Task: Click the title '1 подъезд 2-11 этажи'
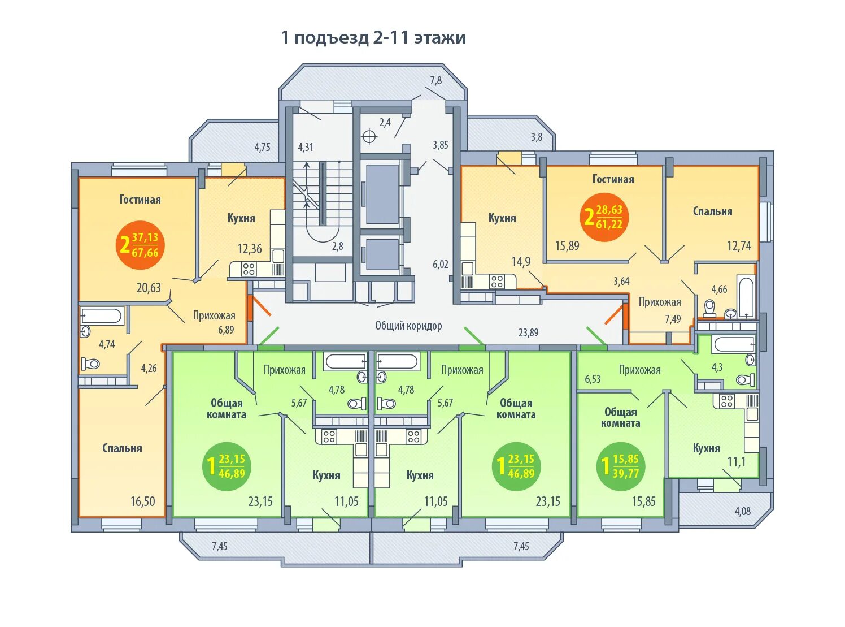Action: pos(373,38)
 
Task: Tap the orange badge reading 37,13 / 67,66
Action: pos(140,245)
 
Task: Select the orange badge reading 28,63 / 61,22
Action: pos(603,217)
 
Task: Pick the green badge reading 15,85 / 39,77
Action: pos(620,466)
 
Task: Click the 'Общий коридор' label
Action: pos(408,326)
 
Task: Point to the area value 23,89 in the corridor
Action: pos(528,332)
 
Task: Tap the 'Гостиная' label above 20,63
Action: pos(140,200)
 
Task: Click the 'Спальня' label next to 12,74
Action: pos(712,211)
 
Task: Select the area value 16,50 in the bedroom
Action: pos(142,501)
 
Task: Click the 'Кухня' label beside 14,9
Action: pos(502,218)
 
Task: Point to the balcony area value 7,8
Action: pos(435,81)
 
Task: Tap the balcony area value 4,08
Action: pos(742,511)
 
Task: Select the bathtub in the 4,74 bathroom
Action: pos(102,316)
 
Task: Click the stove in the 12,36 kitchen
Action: pos(249,270)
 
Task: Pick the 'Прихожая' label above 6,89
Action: pos(214,315)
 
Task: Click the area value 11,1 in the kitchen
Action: pos(736,462)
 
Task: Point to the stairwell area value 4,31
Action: pos(306,147)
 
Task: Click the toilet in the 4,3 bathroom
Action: pos(745,379)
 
